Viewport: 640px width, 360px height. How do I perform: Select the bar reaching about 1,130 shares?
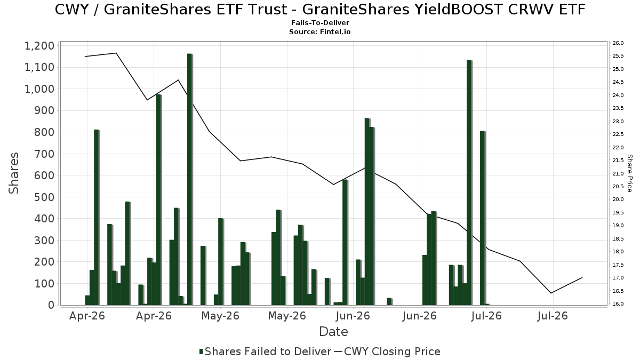(x=469, y=182)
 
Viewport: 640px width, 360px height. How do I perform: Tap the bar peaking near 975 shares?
(x=159, y=199)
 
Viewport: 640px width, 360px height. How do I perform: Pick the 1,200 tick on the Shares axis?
(x=39, y=46)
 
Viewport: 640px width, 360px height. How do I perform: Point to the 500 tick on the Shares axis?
(x=45, y=197)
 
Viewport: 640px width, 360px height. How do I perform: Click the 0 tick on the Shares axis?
(x=51, y=305)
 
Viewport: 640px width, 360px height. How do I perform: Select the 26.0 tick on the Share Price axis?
(x=618, y=43)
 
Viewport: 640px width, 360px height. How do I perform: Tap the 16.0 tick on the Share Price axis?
(x=618, y=303)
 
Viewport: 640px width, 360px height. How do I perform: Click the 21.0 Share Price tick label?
(x=618, y=173)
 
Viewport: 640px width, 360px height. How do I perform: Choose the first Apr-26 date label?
(x=87, y=316)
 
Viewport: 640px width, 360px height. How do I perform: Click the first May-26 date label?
(x=220, y=316)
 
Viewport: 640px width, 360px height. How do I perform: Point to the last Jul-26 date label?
(x=553, y=316)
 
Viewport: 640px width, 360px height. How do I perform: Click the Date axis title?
(x=333, y=332)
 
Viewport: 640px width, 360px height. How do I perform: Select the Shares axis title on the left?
(x=13, y=173)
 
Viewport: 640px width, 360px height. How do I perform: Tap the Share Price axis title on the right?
(x=629, y=173)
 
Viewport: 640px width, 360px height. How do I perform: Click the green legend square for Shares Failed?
(x=201, y=351)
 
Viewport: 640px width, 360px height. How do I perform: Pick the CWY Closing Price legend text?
(x=392, y=351)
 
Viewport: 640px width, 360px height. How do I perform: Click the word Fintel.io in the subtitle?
(x=335, y=31)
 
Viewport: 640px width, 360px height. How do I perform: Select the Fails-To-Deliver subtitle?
(x=321, y=22)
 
